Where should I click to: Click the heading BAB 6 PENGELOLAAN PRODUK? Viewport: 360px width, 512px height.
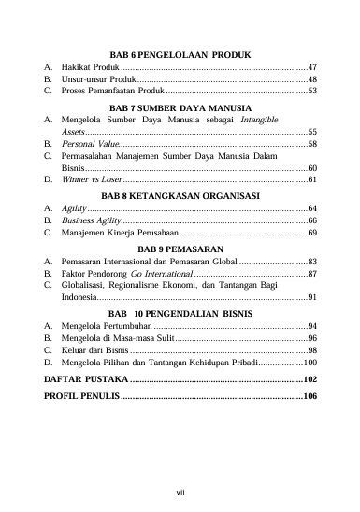[180, 55]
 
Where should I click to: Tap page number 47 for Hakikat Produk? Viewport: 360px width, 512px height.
[312, 67]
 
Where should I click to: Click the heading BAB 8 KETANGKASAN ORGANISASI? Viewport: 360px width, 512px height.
[180, 196]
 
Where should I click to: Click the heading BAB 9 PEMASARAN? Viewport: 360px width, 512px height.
[180, 249]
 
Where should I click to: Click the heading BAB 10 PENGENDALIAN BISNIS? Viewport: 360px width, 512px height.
[180, 314]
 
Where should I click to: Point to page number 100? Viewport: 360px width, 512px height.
[310, 362]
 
